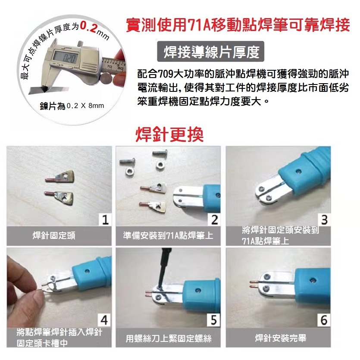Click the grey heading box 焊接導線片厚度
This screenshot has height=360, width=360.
210,51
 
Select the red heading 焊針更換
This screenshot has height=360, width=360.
170,135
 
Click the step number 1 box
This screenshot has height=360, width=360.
105,220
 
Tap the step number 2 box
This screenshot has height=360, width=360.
214,220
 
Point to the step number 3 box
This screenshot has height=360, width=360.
324,220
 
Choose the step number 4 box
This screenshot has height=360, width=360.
104,320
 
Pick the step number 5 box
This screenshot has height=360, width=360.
214,320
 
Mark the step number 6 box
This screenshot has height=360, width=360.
324,320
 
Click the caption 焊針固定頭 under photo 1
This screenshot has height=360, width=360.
54,235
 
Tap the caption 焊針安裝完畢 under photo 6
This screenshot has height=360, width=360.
281,338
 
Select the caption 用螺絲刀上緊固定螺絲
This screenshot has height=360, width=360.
168,338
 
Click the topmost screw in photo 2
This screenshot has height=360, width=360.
160,153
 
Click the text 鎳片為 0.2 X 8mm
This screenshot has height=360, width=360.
72,106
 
